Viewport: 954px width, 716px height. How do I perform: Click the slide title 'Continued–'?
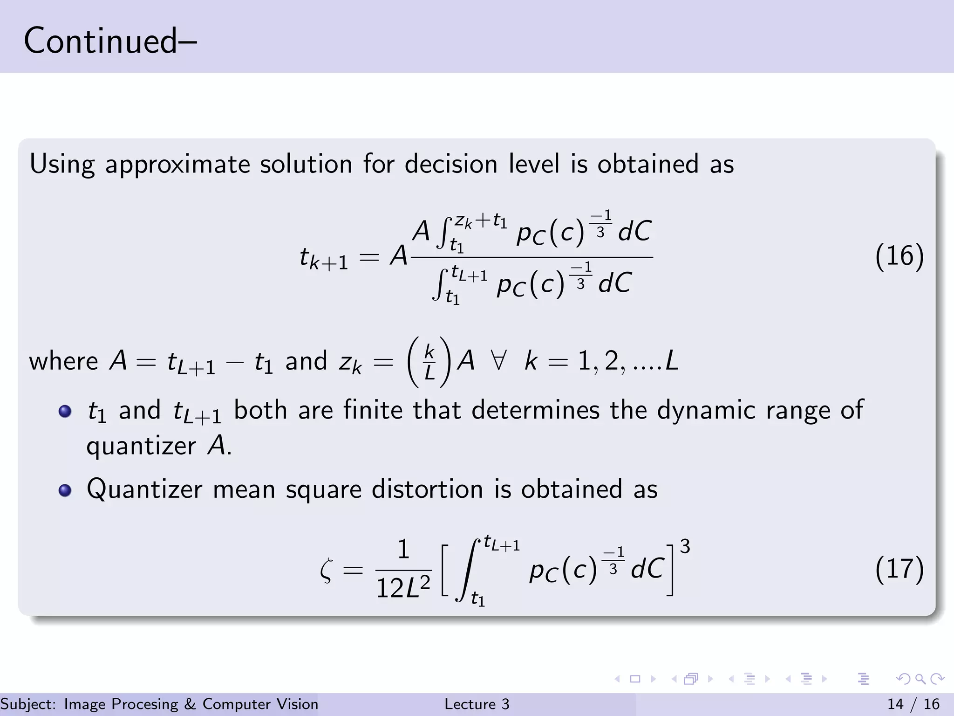110,41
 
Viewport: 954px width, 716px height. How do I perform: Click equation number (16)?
899,256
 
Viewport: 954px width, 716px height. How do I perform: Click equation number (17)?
899,570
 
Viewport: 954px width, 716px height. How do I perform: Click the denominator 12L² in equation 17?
403,588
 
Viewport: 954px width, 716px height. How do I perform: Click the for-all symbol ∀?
498,361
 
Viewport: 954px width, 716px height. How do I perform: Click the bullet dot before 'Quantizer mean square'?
65,490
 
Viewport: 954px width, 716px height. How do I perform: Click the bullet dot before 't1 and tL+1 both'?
65,411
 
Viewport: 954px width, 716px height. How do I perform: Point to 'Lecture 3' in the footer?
477,704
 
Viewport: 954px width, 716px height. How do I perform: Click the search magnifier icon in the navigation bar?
920,679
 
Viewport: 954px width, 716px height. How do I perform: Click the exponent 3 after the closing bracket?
684,546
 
